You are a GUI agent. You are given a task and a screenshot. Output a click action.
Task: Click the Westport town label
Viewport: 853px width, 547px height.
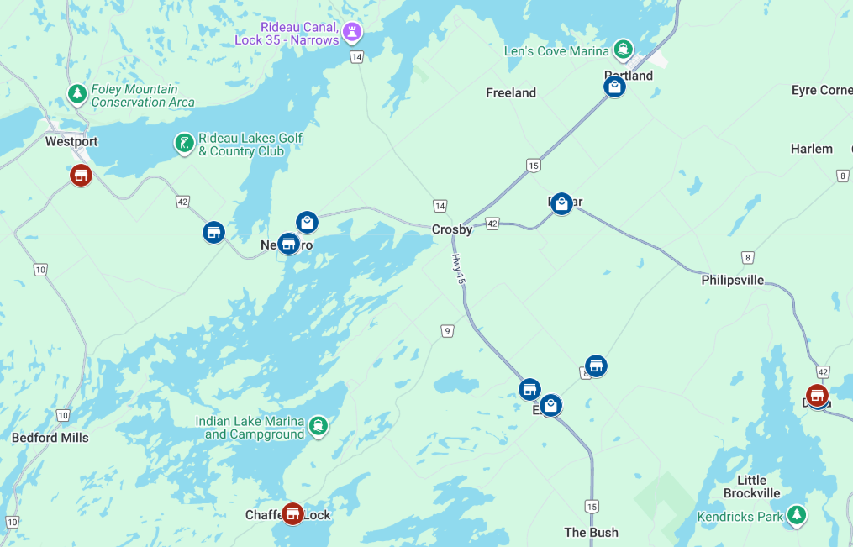(x=71, y=141)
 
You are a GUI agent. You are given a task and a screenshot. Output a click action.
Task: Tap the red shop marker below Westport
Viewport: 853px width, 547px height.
(x=81, y=175)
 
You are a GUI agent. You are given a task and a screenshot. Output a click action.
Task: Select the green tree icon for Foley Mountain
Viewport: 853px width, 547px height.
(x=77, y=93)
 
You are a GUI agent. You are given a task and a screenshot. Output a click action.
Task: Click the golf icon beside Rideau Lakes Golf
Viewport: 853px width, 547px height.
(x=184, y=143)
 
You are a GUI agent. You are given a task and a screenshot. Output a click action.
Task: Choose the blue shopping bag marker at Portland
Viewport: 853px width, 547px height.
(x=615, y=87)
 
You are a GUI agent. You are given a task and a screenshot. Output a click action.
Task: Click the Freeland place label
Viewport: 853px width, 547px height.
(x=510, y=92)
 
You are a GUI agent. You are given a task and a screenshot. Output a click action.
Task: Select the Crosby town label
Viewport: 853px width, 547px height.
(x=451, y=229)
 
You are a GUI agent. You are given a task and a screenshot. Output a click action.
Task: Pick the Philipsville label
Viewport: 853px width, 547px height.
(x=732, y=280)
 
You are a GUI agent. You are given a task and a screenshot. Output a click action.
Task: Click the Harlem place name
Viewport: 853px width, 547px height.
(x=811, y=149)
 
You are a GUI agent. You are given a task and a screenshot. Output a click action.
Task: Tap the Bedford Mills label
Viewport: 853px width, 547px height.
(x=50, y=438)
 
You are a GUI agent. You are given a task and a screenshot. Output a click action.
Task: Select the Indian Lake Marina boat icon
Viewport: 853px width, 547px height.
(x=318, y=426)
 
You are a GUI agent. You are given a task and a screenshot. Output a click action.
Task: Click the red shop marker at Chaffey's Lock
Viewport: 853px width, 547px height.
(x=292, y=513)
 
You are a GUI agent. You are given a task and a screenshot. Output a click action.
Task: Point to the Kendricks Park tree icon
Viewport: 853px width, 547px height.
(x=795, y=515)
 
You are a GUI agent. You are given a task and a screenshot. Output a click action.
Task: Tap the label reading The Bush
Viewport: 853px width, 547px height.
(x=591, y=532)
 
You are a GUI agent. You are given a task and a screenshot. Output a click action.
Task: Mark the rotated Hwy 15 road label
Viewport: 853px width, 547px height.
(x=458, y=268)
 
